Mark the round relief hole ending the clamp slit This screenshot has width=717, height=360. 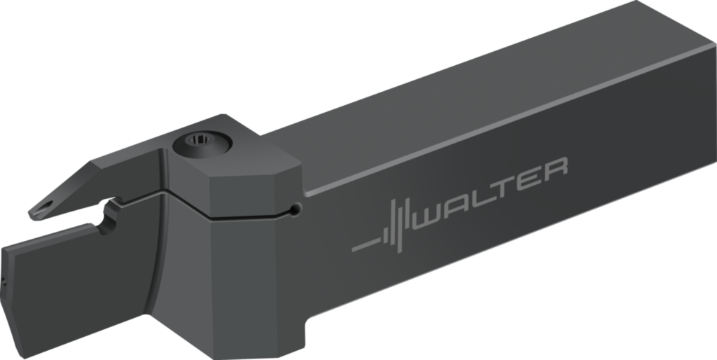pos(297,209)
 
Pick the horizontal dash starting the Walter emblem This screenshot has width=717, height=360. pos(364,247)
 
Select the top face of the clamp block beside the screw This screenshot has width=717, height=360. pos(245,168)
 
